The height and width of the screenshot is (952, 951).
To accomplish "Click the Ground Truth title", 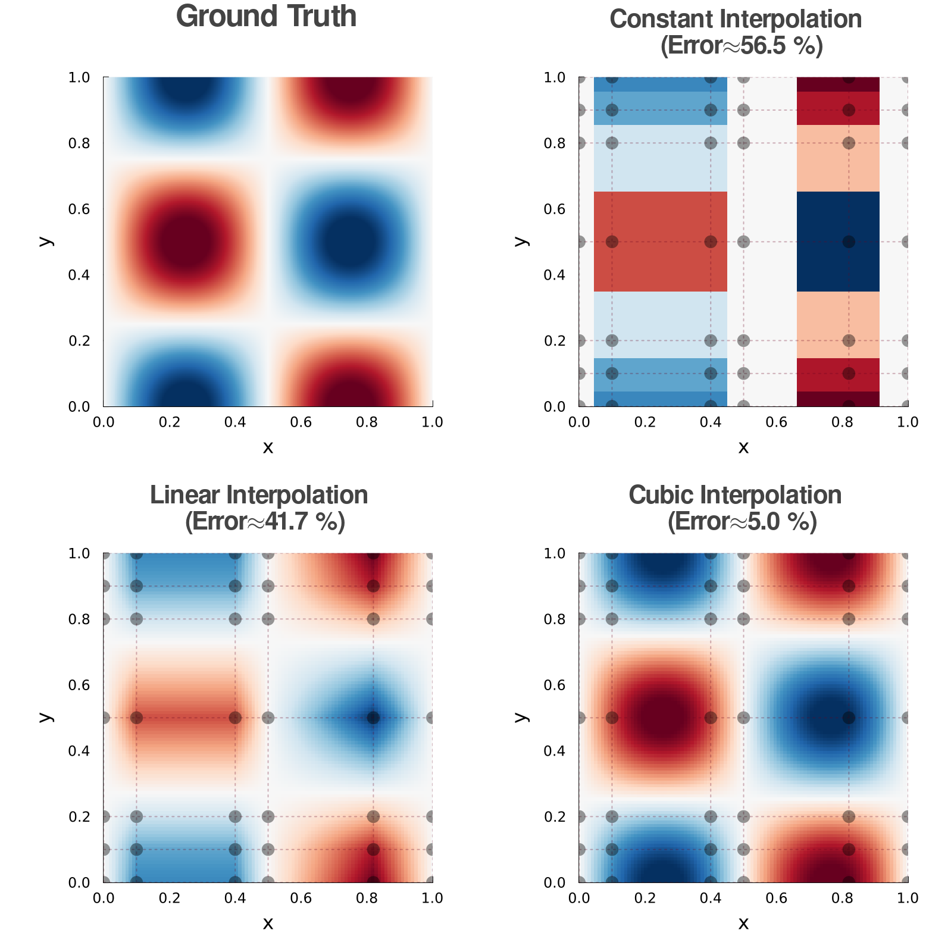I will (x=266, y=17).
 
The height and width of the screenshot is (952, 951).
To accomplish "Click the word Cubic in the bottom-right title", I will (x=658, y=495).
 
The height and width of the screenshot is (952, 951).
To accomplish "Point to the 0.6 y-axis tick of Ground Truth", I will (x=79, y=209).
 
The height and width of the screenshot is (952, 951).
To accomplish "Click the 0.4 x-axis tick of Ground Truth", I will (x=235, y=422).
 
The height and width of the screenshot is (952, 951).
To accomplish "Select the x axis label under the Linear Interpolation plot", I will (x=268, y=923).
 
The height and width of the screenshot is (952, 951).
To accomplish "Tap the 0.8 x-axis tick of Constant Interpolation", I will (x=842, y=422).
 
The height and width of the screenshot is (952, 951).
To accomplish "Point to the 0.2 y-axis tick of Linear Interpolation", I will (x=79, y=816).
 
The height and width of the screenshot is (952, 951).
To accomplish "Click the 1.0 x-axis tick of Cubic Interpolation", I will (x=908, y=898).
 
